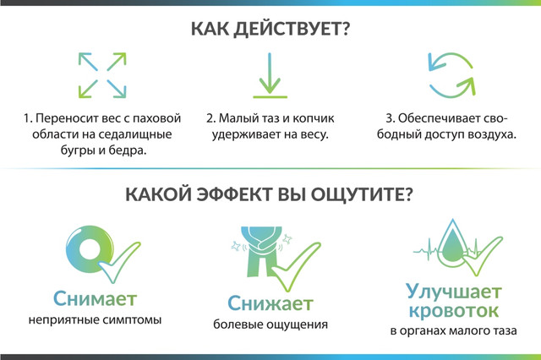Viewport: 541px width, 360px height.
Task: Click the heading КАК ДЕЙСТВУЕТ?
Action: [270, 29]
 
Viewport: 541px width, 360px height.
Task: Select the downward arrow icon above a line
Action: [270, 75]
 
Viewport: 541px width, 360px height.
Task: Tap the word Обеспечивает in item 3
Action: [434, 118]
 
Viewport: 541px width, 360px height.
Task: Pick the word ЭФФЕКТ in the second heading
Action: [234, 195]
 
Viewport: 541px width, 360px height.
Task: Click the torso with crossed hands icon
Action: [261, 251]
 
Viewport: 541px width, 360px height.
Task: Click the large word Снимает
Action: [96, 299]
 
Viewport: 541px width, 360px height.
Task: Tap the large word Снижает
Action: [270, 303]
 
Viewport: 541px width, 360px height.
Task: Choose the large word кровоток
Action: [454, 311]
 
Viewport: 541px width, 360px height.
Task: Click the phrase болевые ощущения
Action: [270, 325]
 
